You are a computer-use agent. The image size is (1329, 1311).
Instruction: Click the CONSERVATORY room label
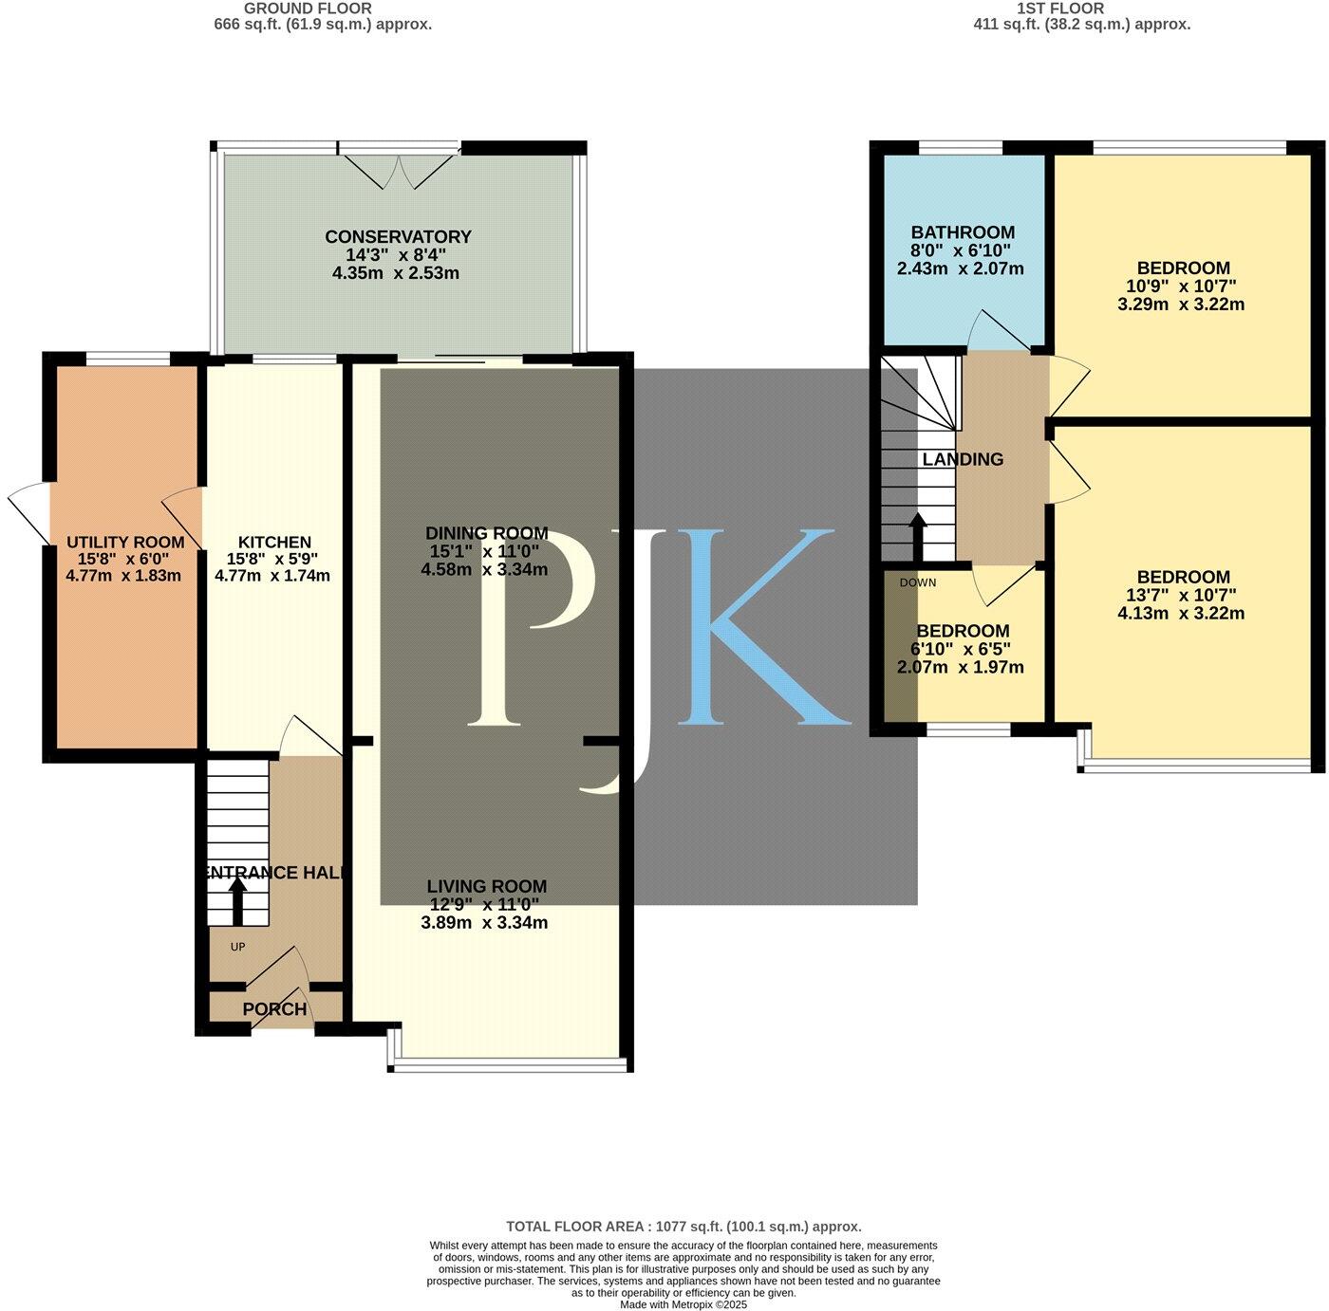click(398, 237)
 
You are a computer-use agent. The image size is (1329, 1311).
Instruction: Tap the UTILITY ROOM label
click(125, 543)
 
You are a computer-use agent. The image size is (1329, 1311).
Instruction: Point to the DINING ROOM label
click(486, 533)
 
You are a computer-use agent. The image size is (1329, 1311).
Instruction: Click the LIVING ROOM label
click(486, 886)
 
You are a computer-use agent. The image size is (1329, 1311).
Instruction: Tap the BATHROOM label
click(963, 232)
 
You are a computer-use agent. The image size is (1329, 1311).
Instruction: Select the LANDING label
click(963, 459)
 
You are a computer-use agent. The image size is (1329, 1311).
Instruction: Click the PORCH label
click(274, 1009)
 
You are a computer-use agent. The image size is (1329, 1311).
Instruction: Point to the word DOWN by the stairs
click(917, 582)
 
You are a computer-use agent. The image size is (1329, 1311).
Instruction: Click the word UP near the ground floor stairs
click(237, 947)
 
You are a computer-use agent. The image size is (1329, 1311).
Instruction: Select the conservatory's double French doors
click(400, 169)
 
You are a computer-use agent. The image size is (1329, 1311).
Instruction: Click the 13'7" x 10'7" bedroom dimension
click(1181, 596)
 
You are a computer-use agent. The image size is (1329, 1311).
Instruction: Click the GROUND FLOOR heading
click(308, 9)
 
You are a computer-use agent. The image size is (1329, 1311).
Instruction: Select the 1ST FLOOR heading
click(1059, 9)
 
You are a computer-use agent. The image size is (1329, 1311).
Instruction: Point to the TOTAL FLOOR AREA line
click(683, 1227)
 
